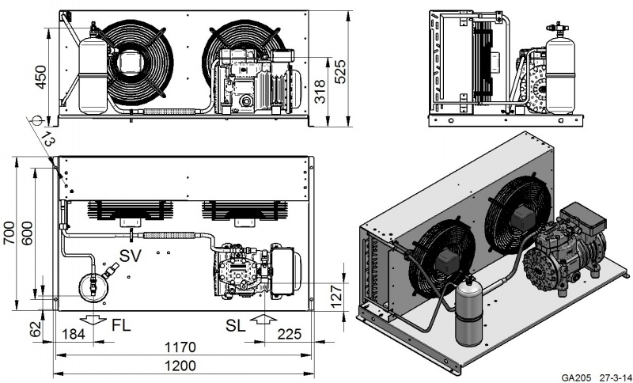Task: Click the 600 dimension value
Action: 30,232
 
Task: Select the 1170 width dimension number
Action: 184,346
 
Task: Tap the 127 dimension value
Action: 335,293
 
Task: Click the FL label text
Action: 121,324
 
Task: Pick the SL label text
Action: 237,324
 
